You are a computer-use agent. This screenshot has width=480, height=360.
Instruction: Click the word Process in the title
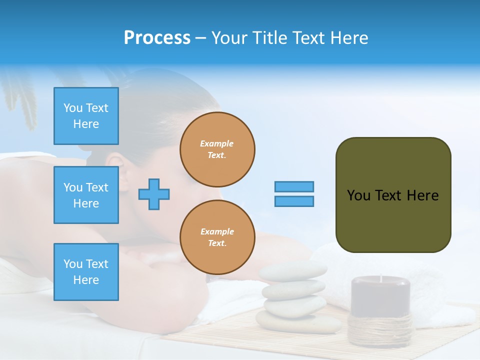coord(157,38)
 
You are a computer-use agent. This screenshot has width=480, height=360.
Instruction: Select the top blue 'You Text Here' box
coord(86,116)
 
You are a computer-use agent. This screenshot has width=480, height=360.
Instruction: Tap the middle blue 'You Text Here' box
coord(86,195)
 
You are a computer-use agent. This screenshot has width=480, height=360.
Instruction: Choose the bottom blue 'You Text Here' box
coord(86,272)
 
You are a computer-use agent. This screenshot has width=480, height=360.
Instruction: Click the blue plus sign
coord(153,194)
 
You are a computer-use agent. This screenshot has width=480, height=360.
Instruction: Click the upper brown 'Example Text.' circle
coord(217,149)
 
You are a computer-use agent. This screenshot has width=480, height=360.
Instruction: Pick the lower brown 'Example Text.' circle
coord(217,237)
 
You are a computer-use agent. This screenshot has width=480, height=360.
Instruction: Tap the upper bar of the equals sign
coord(294,186)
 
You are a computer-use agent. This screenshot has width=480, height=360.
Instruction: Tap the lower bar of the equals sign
coord(294,201)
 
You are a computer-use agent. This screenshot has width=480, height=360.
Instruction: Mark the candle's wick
coord(380,277)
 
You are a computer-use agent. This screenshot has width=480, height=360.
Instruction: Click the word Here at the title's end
coord(349,38)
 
